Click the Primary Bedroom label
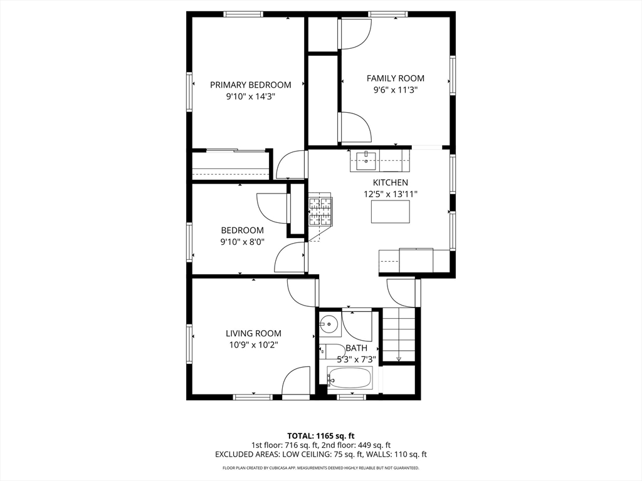(x=251, y=85)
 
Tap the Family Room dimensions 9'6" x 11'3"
(x=396, y=90)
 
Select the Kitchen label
(x=390, y=182)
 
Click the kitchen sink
(x=366, y=160)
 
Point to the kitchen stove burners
(x=320, y=212)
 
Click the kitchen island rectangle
(x=390, y=212)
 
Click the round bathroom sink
(x=329, y=324)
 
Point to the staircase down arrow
(x=399, y=359)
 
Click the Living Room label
(x=253, y=333)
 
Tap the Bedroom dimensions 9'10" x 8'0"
(x=243, y=242)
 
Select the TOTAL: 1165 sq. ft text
(x=320, y=436)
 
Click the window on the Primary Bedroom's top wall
(x=243, y=14)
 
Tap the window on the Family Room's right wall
(x=453, y=76)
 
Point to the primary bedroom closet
(x=230, y=165)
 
